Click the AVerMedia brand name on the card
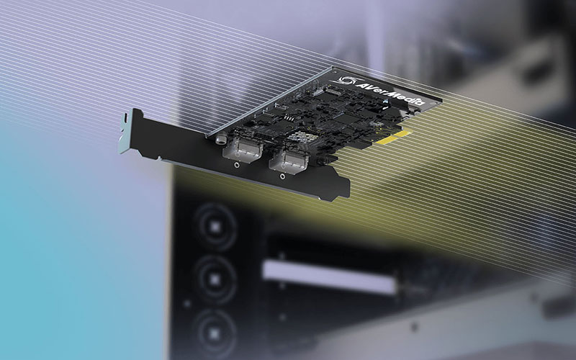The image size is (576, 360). (x=390, y=94)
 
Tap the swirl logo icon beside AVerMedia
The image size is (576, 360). (x=346, y=81)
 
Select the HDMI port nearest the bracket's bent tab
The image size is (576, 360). (x=243, y=150)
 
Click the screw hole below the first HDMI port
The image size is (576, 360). (x=237, y=166)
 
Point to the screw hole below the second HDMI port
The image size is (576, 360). (x=282, y=176)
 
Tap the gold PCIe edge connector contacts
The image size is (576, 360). (x=393, y=137)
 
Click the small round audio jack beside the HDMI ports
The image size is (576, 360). (x=221, y=139)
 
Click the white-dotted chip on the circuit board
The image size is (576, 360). (x=299, y=137)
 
